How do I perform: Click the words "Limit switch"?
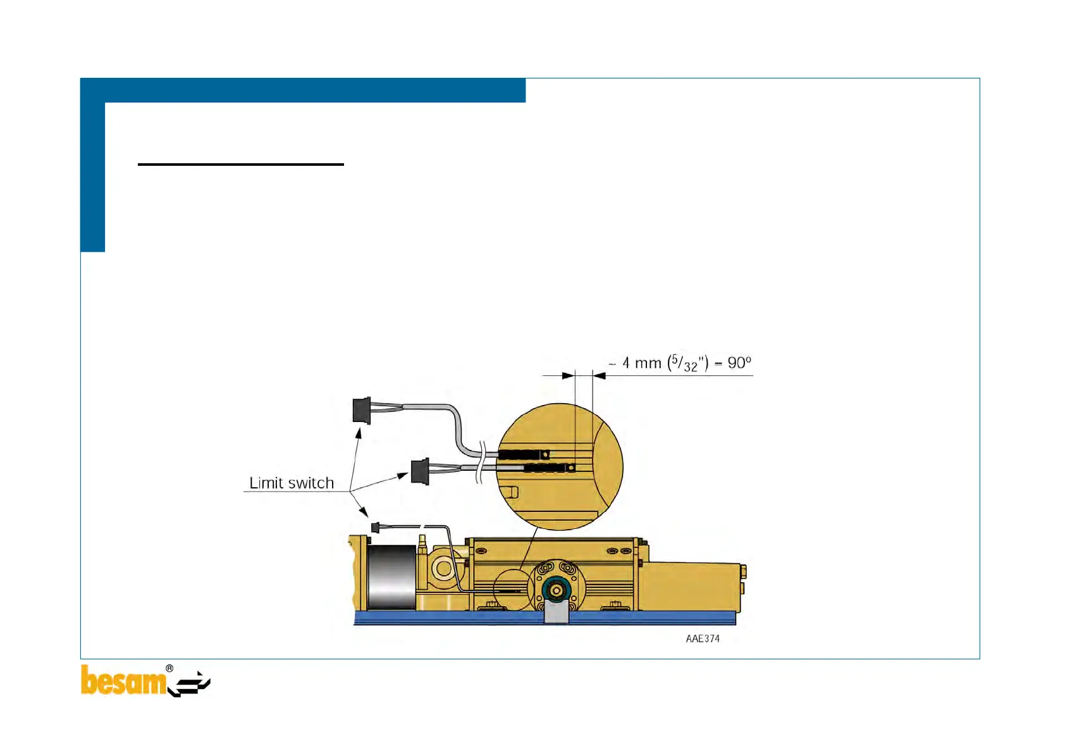(292, 483)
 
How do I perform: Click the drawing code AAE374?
(703, 639)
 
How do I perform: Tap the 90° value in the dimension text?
(739, 363)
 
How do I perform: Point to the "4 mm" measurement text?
(641, 363)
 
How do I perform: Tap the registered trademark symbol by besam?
(169, 669)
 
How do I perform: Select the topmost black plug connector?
(362, 410)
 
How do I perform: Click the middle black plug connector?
(420, 471)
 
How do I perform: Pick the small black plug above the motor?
(375, 527)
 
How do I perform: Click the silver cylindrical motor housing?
(391, 577)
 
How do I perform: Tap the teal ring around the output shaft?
(557, 590)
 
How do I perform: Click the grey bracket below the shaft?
(557, 613)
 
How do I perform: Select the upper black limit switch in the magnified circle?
(522, 454)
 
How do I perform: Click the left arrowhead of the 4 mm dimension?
(568, 376)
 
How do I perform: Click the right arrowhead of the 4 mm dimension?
(599, 376)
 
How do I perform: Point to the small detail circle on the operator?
(514, 590)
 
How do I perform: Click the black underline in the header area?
(240, 165)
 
